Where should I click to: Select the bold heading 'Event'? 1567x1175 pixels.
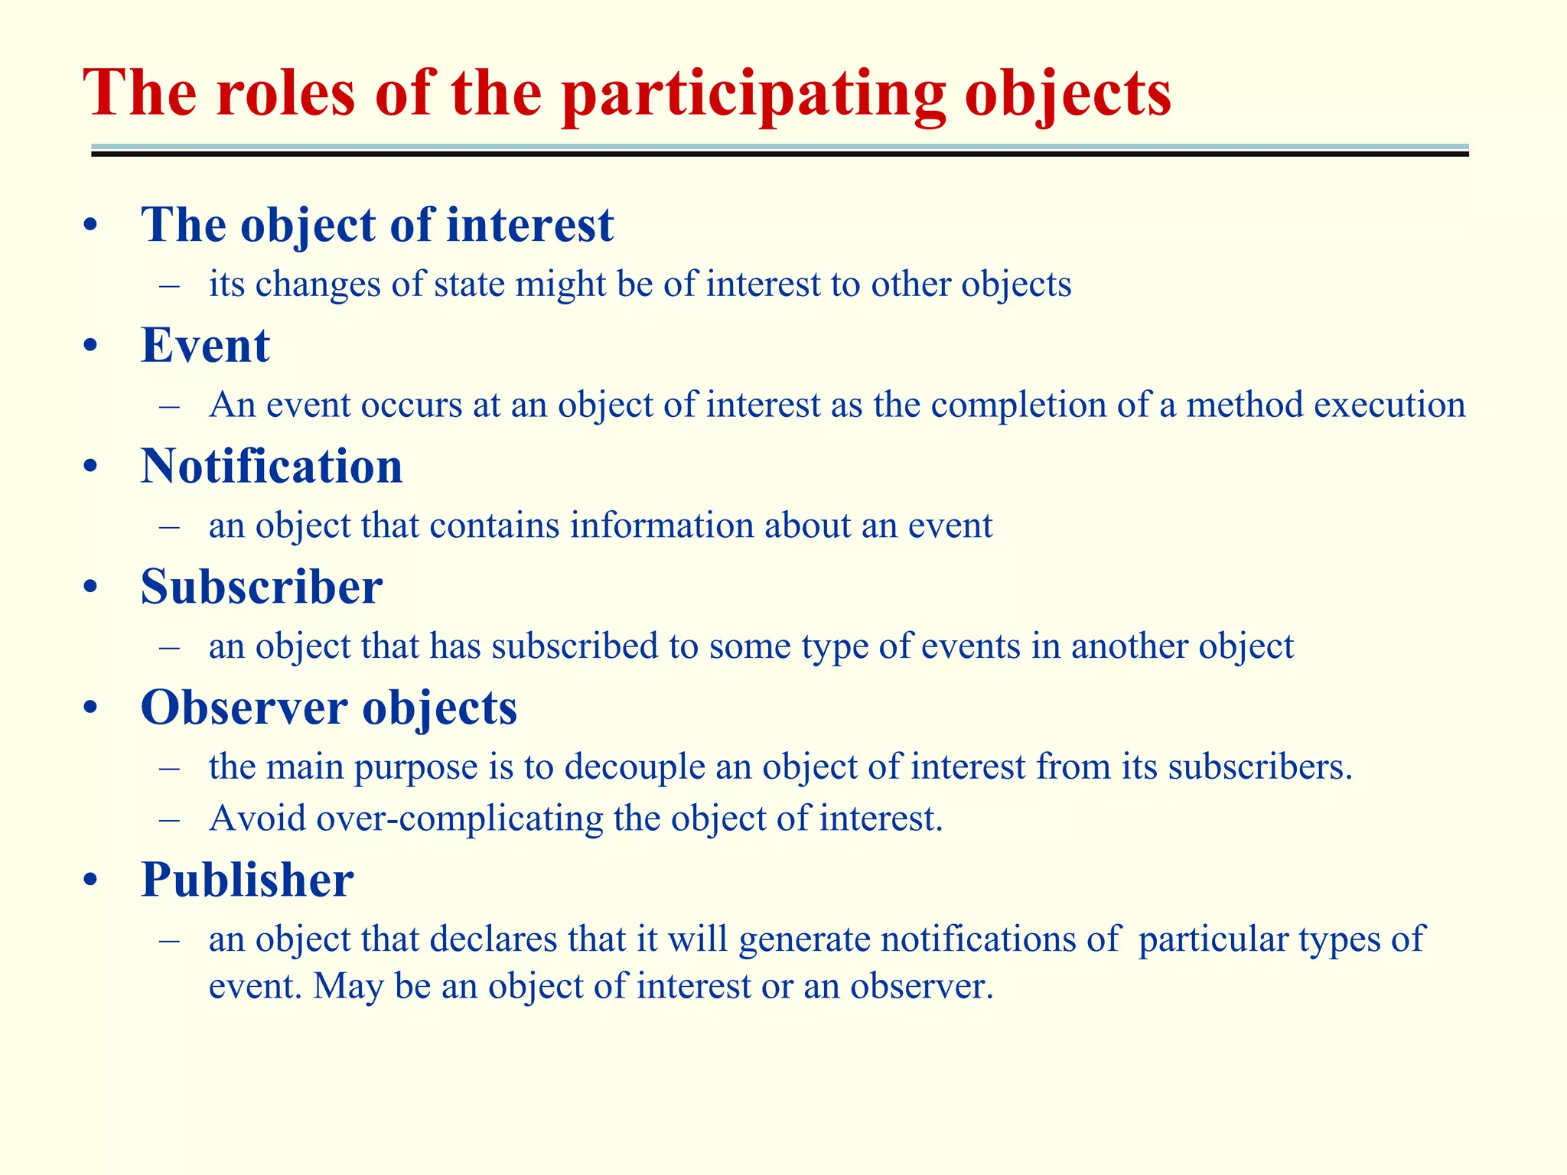click(205, 346)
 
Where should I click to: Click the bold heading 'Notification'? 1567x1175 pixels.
click(272, 467)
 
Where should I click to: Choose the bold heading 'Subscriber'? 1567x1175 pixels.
click(262, 587)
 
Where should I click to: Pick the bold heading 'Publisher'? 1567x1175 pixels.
click(247, 880)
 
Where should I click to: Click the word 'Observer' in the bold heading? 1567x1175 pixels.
click(243, 708)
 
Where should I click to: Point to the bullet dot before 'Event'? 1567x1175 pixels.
click(91, 347)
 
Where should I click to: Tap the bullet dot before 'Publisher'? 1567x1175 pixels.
click(91, 880)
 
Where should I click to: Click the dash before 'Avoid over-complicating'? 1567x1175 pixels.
click(170, 819)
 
